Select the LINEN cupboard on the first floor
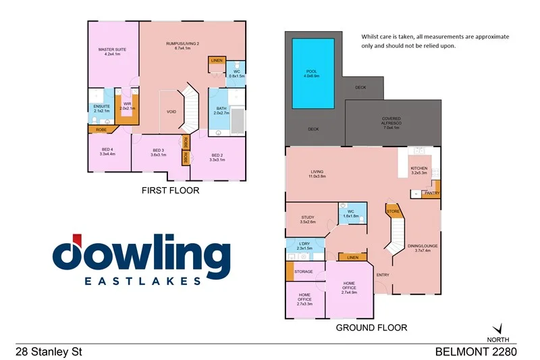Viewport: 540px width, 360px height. tap(217, 61)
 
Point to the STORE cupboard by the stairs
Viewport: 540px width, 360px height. tap(393, 212)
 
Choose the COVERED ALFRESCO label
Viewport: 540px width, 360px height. tap(391, 123)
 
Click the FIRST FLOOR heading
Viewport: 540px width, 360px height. tap(170, 191)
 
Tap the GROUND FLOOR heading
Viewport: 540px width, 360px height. tap(371, 328)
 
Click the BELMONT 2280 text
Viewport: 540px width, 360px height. tap(477, 351)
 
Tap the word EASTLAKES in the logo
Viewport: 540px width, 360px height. tap(142, 280)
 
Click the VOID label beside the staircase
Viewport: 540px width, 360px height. tap(171, 112)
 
